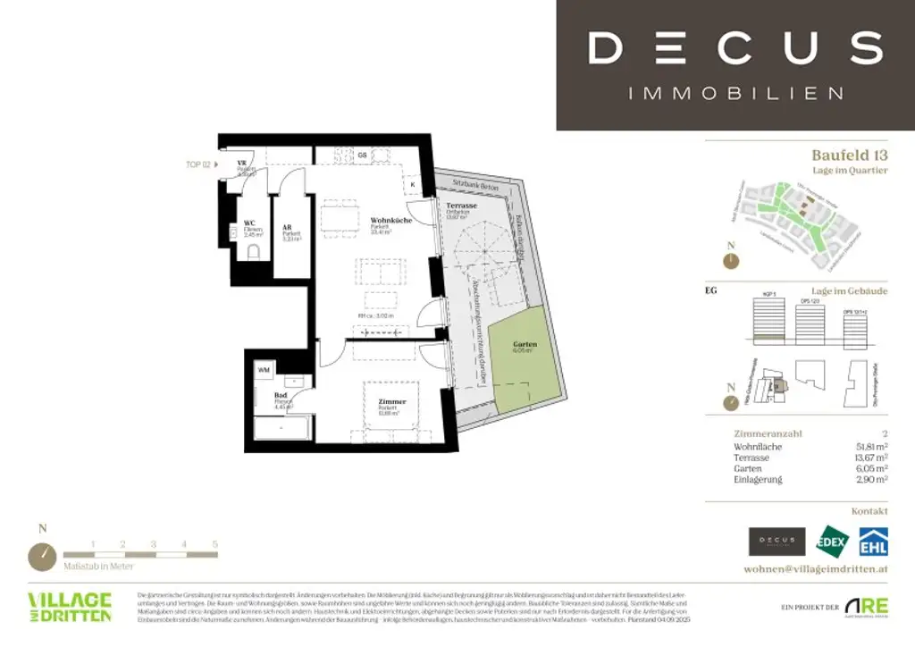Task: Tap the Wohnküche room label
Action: (390, 220)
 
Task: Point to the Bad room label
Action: (281, 394)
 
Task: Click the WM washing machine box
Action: (264, 369)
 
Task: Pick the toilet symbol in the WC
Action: (253, 251)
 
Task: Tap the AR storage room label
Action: (288, 227)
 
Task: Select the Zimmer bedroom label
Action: (391, 402)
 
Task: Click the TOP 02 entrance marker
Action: (199, 164)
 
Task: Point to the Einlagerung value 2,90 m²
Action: (871, 480)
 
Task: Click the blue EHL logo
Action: (873, 541)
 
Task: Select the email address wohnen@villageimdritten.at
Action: (815, 568)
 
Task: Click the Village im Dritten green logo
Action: (70, 606)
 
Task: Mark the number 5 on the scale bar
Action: (214, 543)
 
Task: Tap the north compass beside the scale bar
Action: (42, 555)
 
